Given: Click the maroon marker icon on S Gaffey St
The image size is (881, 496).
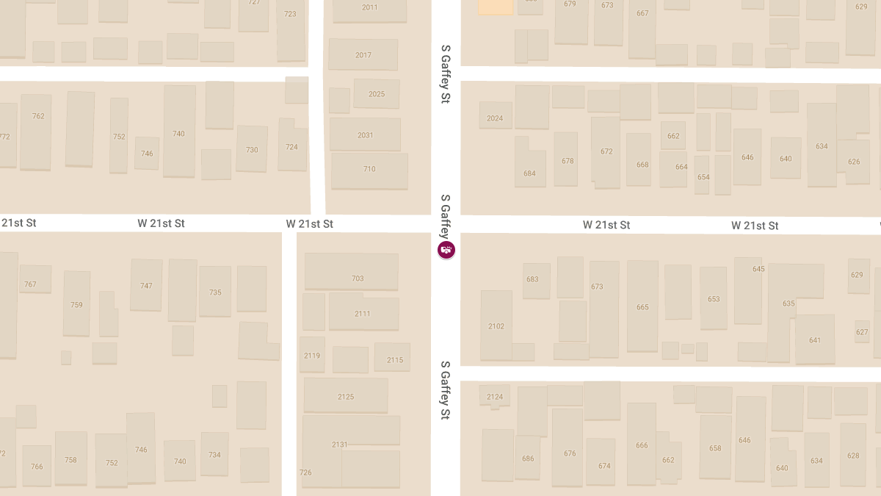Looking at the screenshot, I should coord(446,250).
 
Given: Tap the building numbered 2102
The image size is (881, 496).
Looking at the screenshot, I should coord(496,326).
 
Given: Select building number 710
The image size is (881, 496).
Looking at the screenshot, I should coord(369,170).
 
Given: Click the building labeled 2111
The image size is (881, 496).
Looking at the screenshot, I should coord(363,314).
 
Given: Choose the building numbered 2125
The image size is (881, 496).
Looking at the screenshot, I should coord(346,396).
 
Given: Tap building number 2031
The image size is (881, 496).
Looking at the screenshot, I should coord(365,134).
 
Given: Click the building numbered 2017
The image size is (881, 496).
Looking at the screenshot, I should coord(363,55).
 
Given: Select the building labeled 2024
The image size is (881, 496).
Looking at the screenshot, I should coord(496,117).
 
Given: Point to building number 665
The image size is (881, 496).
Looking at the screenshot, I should coord(642,306).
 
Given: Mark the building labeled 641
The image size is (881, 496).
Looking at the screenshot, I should coord(815,339).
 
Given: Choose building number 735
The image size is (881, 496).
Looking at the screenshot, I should coord(215,292).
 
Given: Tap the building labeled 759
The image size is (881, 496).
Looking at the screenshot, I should coord(76,303).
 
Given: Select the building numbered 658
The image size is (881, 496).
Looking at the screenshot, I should coord(715,448).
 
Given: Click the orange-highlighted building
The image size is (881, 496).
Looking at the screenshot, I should coord(496,7).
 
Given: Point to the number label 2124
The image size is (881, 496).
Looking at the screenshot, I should coord(495,397).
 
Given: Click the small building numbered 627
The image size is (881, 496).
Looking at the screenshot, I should coord(862,331).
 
